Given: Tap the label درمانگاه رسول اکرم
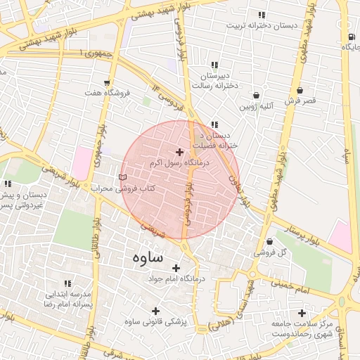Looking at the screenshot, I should (x=179, y=162).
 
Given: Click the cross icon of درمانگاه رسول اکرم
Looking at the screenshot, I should (x=179, y=152).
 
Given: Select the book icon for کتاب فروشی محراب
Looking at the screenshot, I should (x=124, y=177).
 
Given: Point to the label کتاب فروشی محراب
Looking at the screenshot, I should (x=122, y=188).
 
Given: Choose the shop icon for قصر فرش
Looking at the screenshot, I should (x=300, y=91).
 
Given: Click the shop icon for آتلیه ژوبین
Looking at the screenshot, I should (x=256, y=96).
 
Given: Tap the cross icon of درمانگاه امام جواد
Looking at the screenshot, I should (x=176, y=268).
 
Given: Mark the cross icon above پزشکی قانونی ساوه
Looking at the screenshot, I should (x=155, y=311).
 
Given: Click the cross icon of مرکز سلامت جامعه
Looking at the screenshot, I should (x=302, y=313).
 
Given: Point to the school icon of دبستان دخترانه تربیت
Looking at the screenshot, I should (x=262, y=15).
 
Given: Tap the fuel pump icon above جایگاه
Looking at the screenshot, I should (x=349, y=37).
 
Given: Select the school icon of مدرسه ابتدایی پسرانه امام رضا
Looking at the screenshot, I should (x=68, y=283).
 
